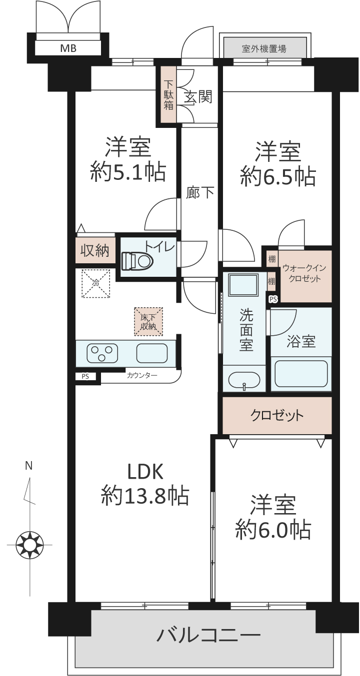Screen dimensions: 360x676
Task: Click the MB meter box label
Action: (x=68, y=48)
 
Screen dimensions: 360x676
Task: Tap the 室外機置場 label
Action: (x=264, y=48)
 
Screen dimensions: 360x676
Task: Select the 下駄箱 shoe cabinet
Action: (x=168, y=94)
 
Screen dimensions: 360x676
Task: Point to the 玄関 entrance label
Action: (x=198, y=96)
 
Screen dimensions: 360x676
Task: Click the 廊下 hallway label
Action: (x=200, y=192)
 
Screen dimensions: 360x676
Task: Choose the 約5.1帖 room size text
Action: (x=128, y=172)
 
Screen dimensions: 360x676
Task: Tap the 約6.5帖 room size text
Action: (x=278, y=176)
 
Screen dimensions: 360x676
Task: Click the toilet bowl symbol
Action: (x=137, y=260)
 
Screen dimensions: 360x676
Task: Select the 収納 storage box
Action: (x=95, y=250)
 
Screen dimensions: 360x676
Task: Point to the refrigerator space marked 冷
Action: (x=95, y=283)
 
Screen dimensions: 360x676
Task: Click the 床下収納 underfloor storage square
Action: (x=148, y=322)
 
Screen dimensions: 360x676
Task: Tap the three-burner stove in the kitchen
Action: (x=102, y=353)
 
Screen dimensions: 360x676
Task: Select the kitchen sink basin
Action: (x=152, y=353)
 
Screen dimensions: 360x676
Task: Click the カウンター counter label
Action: (x=142, y=375)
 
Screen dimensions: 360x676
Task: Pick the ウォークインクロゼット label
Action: (x=304, y=273)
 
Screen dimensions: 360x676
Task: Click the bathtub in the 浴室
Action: (x=301, y=373)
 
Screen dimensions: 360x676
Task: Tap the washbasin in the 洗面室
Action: (x=243, y=381)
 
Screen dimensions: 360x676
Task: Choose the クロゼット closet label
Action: (x=277, y=416)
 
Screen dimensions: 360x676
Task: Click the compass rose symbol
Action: (x=29, y=545)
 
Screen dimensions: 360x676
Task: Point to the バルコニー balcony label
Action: (x=208, y=635)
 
